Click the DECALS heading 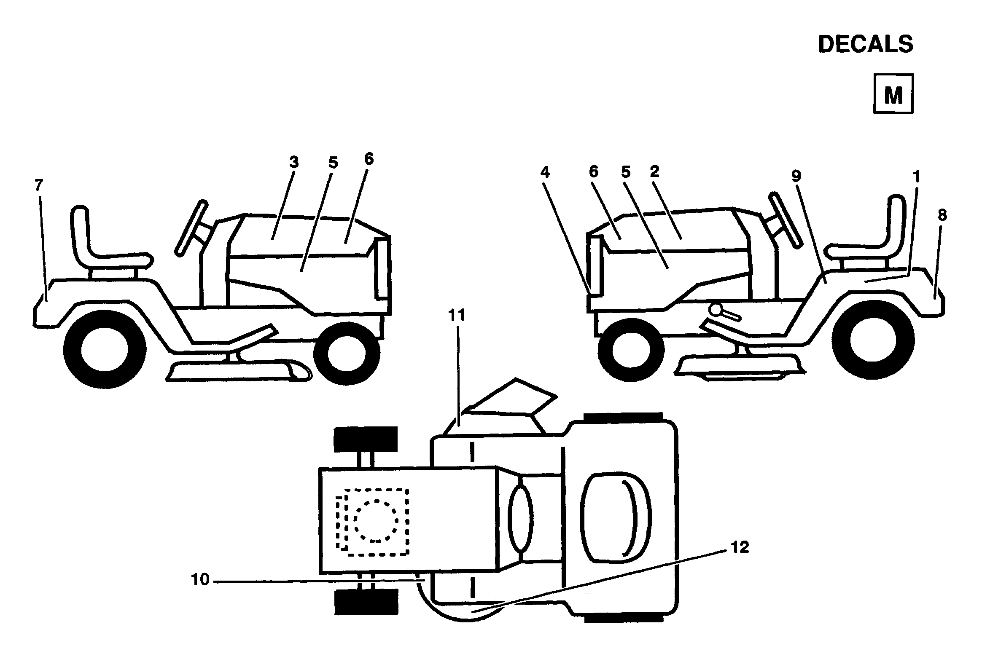pos(865,44)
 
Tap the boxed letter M pos(893,94)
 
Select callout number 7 pos(39,185)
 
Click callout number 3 pos(294,163)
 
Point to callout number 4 pos(546,172)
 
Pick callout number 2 pos(655,171)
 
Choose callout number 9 pos(796,176)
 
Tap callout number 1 pos(916,177)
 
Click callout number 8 pos(942,215)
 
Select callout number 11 pos(457,315)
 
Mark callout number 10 pos(200,580)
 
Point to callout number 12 pos(740,547)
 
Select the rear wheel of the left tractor pos(104,349)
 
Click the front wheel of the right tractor pos(631,349)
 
